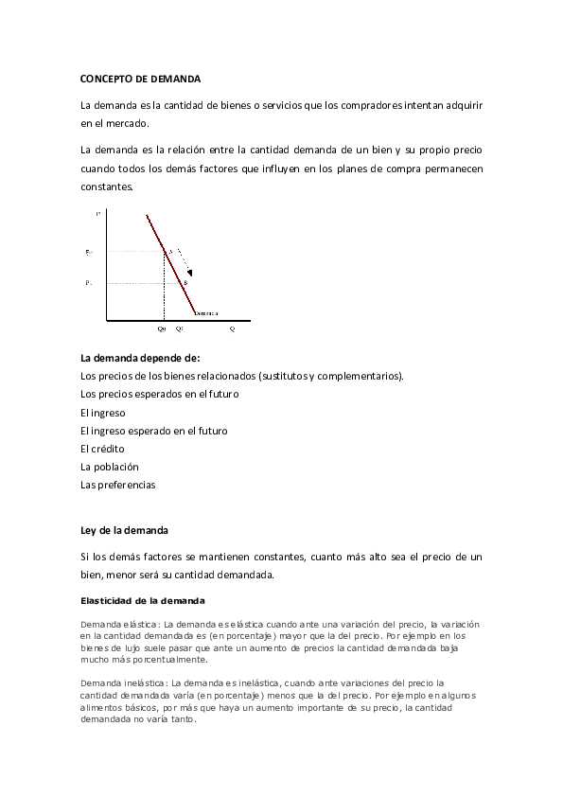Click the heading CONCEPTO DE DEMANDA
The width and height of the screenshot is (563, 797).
point(141,79)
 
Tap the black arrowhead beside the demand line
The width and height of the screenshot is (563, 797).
point(188,273)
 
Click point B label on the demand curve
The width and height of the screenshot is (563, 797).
point(185,283)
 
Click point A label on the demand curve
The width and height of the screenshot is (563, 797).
point(170,251)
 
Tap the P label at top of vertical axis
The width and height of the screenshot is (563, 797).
point(97,216)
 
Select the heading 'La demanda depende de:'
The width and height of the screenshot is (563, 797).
point(140,358)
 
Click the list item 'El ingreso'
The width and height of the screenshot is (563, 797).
point(103,413)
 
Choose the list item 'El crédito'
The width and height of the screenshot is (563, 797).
point(103,449)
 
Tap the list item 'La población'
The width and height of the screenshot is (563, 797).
point(110,467)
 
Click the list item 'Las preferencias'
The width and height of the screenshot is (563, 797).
point(118,485)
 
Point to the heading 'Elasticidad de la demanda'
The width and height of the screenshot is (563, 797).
point(140,600)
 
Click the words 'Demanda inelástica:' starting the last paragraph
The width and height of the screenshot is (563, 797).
point(120,682)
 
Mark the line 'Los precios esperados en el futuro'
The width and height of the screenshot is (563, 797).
point(160,394)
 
